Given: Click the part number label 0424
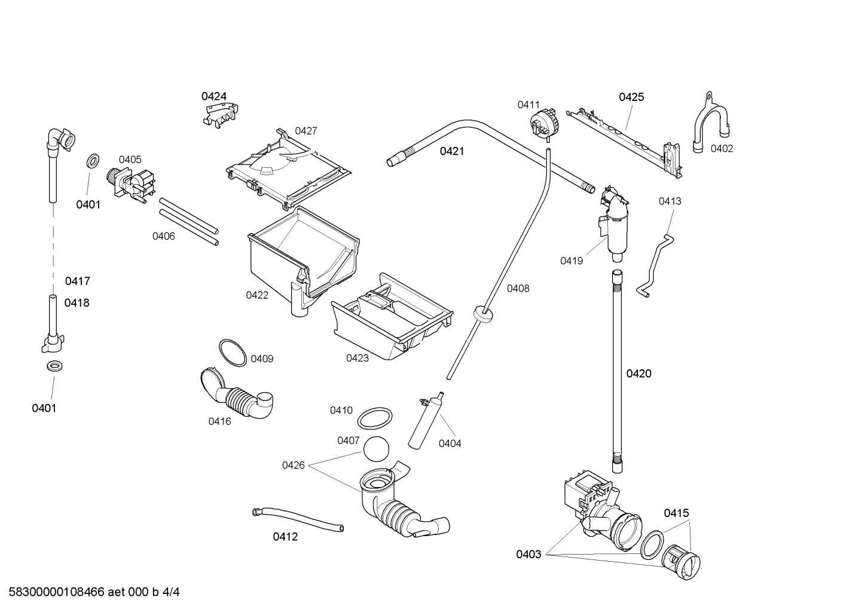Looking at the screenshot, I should (213, 96).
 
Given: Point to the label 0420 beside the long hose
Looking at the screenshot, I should (638, 374).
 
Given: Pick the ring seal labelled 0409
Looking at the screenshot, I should (233, 353).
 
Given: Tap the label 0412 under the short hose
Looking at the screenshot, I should (285, 537).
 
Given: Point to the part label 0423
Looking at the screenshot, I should (357, 358).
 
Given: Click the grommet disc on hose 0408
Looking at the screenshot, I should (483, 313).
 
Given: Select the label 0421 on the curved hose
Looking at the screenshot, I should (452, 151).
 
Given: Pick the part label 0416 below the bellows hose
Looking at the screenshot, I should (219, 421).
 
